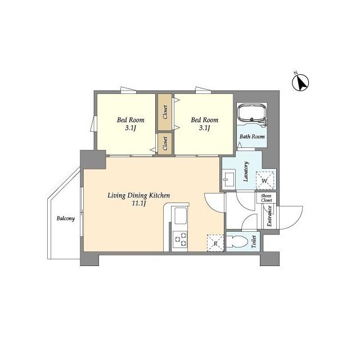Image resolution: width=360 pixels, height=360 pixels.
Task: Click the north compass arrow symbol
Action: click(x=300, y=82)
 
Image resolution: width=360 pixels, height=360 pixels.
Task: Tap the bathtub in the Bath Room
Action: click(x=252, y=112)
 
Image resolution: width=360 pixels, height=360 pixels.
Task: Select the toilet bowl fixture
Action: click(x=237, y=241)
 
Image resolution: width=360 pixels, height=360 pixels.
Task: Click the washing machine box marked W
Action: click(x=265, y=181)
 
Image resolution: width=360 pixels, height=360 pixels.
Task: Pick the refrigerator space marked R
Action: click(x=215, y=243)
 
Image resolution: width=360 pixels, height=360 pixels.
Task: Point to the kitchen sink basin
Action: click(x=181, y=215)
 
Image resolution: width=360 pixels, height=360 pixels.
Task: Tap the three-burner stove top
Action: click(x=180, y=239)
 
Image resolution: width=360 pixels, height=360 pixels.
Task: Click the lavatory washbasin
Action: click(x=229, y=179)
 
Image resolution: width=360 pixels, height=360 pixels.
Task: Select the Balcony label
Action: click(x=66, y=218)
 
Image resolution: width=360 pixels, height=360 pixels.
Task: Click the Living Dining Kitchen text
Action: click(x=139, y=195)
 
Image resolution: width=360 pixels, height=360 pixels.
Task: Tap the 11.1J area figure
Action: click(x=139, y=204)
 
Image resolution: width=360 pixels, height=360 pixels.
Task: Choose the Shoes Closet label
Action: click(x=266, y=198)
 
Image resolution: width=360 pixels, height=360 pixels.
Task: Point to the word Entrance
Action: click(x=269, y=216)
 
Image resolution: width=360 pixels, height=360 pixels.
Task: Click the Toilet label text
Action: click(x=254, y=241)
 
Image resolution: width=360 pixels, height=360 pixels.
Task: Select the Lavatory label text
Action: click(x=246, y=172)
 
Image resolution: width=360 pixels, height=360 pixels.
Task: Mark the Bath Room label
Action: click(x=252, y=137)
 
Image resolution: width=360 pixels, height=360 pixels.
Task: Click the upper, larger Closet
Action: click(x=165, y=112)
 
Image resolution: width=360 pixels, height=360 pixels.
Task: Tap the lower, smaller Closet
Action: click(x=165, y=143)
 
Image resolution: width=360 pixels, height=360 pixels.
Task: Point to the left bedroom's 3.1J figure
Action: click(x=130, y=128)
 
